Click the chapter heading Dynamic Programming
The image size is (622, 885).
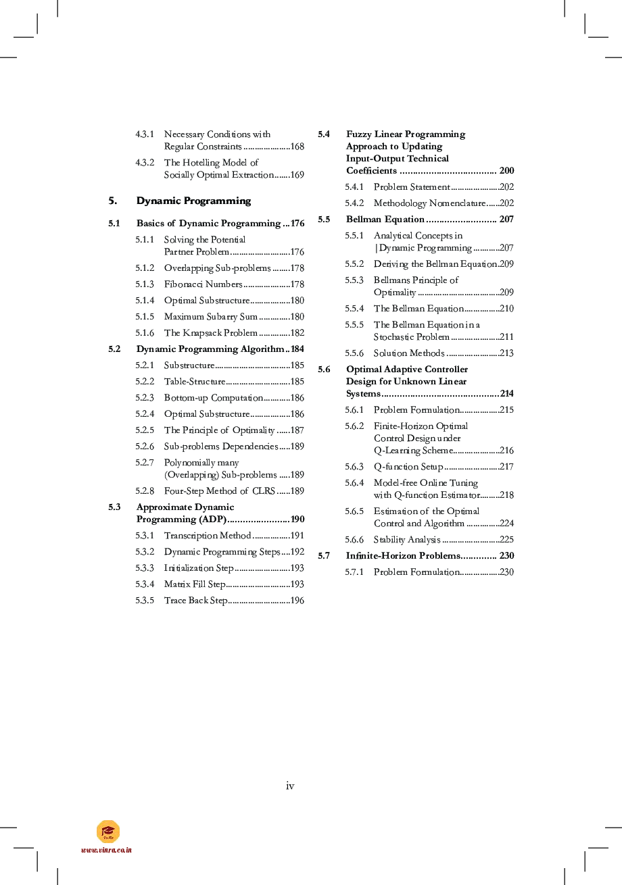[193, 201]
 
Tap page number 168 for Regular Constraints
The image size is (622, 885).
[297, 147]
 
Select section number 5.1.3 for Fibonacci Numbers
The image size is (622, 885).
[145, 284]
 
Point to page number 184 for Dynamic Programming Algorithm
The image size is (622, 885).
[297, 349]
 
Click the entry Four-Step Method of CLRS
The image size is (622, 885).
[219, 491]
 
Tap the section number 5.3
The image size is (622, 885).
[114, 507]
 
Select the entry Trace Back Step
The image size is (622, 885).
[195, 601]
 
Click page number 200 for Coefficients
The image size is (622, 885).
[506, 171]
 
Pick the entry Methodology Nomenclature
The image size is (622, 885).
[429, 203]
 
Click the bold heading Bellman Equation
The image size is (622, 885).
[385, 220]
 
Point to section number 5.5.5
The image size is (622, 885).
[354, 325]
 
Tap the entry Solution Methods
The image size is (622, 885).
[408, 353]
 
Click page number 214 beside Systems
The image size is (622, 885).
[506, 394]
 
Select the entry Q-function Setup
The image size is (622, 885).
[408, 467]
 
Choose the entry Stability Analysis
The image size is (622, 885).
[406, 540]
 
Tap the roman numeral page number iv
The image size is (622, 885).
[290, 786]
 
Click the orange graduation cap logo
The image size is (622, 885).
[108, 831]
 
